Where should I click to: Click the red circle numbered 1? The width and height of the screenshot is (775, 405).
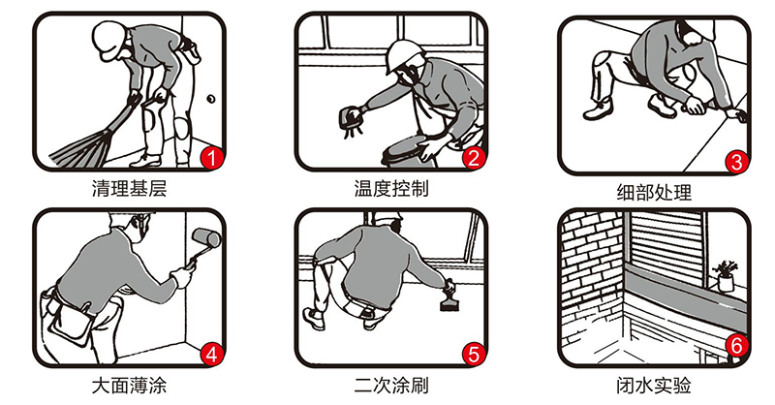point(212,159)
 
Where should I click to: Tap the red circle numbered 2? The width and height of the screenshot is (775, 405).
point(474,159)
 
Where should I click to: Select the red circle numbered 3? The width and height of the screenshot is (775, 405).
point(736,162)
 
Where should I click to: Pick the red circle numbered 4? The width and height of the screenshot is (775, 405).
point(212,355)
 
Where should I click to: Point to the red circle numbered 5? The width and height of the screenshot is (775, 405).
point(474,355)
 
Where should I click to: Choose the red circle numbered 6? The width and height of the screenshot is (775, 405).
point(736,346)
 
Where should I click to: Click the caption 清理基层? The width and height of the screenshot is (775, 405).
point(130,188)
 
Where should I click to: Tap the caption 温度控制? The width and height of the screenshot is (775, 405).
point(391,188)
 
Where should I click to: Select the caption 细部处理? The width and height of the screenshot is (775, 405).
point(654,193)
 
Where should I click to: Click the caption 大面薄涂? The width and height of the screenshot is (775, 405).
point(130,386)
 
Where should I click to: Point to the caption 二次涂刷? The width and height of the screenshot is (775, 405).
point(391,386)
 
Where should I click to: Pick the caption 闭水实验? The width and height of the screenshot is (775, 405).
point(654,386)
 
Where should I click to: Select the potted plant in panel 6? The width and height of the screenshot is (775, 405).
point(725,276)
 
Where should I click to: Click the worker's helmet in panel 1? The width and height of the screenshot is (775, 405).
point(109,36)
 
